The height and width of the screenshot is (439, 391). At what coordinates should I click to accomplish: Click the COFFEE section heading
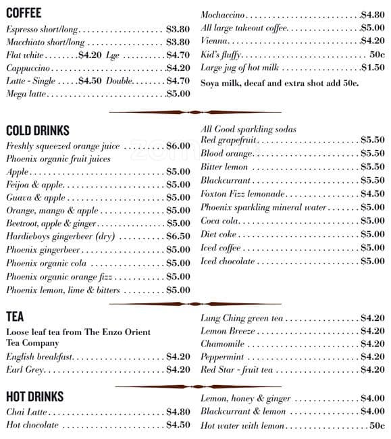[24, 12]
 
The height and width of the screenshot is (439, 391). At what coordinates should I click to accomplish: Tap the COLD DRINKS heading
[38, 130]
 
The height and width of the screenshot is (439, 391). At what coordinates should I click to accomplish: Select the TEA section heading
[15, 316]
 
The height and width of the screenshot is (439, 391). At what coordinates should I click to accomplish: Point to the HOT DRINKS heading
[35, 396]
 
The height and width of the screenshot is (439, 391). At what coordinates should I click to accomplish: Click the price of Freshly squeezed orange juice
[178, 146]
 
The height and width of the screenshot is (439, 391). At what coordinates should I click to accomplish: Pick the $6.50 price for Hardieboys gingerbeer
[178, 236]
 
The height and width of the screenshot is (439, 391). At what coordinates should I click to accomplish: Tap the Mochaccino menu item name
[223, 15]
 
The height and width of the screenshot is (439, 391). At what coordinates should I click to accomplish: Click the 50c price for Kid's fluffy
[377, 55]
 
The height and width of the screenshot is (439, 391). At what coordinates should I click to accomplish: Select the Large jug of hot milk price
[372, 68]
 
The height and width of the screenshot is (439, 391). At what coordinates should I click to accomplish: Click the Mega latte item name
[26, 94]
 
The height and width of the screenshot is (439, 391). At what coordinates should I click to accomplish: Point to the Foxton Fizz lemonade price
[372, 194]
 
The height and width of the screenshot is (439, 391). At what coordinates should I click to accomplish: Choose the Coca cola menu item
[220, 221]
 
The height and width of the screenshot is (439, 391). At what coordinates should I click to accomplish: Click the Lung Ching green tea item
[242, 318]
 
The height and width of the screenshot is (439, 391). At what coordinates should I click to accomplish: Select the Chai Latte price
[178, 412]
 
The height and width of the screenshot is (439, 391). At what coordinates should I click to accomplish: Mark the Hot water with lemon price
[377, 426]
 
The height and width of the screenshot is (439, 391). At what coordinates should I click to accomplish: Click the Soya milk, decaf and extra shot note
[280, 83]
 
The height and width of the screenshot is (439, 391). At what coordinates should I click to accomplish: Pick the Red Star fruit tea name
[236, 370]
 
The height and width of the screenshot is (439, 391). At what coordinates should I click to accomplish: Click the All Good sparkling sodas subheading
[249, 129]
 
